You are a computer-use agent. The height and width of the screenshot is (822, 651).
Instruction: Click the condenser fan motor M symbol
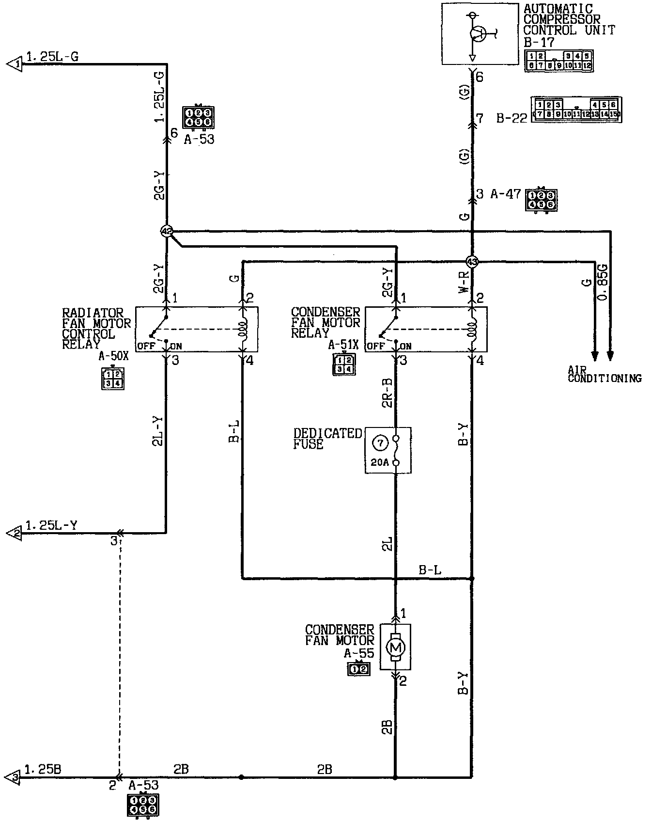click(395, 648)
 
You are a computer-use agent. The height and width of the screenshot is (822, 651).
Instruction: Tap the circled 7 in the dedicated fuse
click(380, 443)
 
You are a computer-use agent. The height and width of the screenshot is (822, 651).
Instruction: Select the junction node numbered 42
click(167, 232)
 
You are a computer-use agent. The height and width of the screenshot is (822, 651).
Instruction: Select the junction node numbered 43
click(472, 262)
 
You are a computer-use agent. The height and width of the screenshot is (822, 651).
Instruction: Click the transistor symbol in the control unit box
click(479, 33)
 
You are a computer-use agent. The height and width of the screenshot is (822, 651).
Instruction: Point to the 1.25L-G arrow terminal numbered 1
click(15, 63)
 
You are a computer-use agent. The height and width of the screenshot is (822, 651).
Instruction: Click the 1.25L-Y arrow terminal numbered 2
click(15, 534)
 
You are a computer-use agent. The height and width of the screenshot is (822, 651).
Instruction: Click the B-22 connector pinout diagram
click(576, 110)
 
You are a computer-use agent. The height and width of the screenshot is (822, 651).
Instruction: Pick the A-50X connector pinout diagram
click(113, 379)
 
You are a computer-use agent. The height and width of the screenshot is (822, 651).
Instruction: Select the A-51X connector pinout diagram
click(343, 364)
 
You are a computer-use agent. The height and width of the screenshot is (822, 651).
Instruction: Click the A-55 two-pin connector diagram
click(359, 669)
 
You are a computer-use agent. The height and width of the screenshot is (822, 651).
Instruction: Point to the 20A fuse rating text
click(379, 462)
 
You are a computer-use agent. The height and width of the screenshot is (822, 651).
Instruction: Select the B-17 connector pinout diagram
click(559, 61)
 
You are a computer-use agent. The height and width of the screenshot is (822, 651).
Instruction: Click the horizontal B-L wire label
click(430, 570)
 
